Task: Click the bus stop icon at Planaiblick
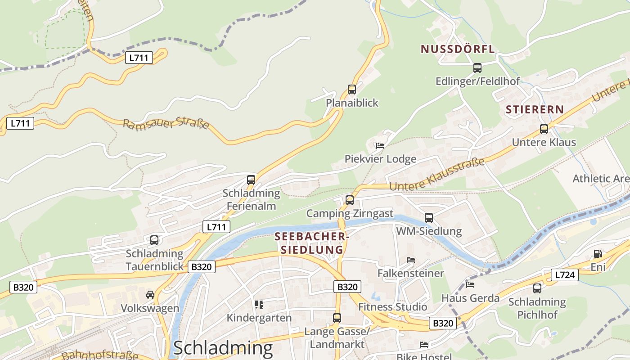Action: coord(352,90)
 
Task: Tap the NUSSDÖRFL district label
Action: coord(458,49)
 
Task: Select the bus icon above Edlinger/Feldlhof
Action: coord(477,68)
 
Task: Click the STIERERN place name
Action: coord(535,109)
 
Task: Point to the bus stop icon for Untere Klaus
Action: coord(544,129)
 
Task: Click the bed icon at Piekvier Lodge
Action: coord(380,145)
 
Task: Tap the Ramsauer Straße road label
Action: coord(166,123)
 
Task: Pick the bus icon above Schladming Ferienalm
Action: coord(251,180)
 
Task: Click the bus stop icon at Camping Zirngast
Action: coord(350,200)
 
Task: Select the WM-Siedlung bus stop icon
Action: coord(429,218)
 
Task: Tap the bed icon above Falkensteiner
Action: coord(411,260)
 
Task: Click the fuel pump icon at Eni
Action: coord(598,254)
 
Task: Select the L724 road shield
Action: coord(564,274)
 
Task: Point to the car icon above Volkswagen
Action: coord(150,295)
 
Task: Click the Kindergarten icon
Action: coord(259,305)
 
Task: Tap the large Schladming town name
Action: coord(223,348)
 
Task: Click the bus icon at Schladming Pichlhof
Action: coord(537,288)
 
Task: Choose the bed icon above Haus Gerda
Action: coord(470,284)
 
